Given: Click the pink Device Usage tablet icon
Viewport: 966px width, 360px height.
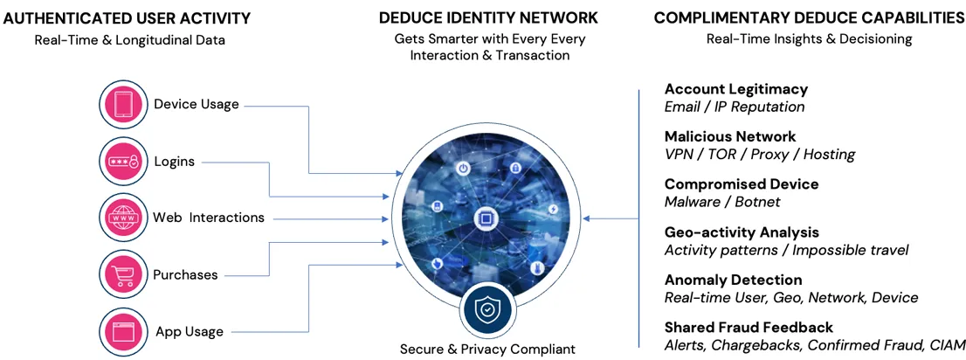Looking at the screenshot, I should click(123, 104).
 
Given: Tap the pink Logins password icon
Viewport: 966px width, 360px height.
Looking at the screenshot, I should click(123, 162).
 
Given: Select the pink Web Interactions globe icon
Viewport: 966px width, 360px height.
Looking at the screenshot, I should click(123, 218).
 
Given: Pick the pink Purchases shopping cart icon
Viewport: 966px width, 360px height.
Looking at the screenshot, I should click(123, 274).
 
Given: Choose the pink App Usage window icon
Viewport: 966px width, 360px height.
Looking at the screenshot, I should click(123, 331).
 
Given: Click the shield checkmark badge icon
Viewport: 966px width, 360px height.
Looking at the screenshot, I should click(486, 308).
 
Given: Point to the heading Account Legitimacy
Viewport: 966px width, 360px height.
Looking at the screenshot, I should click(735, 89).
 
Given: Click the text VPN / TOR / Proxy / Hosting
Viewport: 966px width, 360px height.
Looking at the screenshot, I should click(759, 155).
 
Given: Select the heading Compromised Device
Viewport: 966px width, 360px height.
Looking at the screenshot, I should click(741, 184).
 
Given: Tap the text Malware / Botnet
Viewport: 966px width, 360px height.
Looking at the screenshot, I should click(722, 202).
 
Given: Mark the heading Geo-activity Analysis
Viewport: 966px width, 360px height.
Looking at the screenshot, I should click(742, 232).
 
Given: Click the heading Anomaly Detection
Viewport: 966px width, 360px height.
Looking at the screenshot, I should click(733, 280).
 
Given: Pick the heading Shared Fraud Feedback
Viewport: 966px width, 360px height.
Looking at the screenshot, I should click(749, 328).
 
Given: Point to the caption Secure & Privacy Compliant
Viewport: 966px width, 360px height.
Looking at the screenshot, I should click(487, 350).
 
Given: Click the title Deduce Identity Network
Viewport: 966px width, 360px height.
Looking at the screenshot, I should click(488, 18).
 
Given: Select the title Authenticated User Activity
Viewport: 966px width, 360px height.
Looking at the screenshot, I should click(128, 18).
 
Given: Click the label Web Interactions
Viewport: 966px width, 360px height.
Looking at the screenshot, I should click(208, 218).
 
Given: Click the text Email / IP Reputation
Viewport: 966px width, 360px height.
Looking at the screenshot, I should click(734, 107).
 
